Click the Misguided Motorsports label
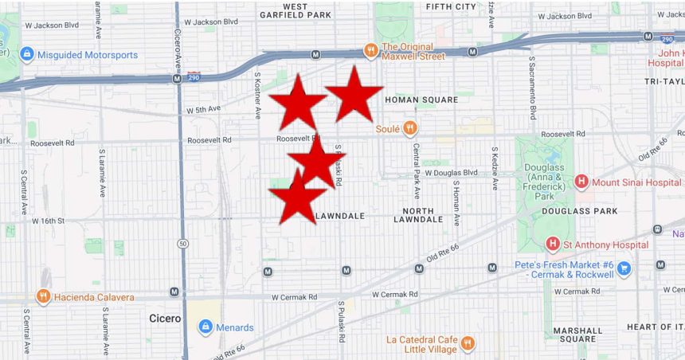[x=89, y=55]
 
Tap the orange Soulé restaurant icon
[x=409, y=127]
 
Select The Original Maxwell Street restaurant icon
[x=370, y=51]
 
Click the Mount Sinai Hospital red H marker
[x=581, y=182]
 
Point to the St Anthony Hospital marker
[x=553, y=245]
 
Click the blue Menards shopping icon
[x=205, y=327]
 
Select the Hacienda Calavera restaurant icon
[x=43, y=297]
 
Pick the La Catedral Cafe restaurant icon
[x=468, y=344]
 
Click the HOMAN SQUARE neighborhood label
[x=421, y=100]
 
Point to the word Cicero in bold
[x=165, y=319]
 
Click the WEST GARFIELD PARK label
[x=295, y=10]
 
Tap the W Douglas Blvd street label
[x=449, y=173]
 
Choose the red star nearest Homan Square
[x=354, y=93]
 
